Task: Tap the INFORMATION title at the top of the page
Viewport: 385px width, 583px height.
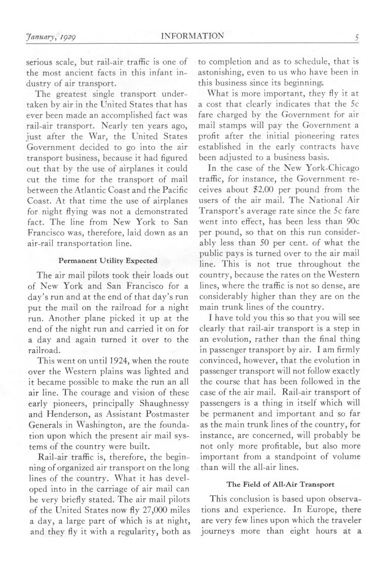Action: (x=192, y=36)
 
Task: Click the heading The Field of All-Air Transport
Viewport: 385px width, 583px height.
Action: (x=280, y=484)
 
